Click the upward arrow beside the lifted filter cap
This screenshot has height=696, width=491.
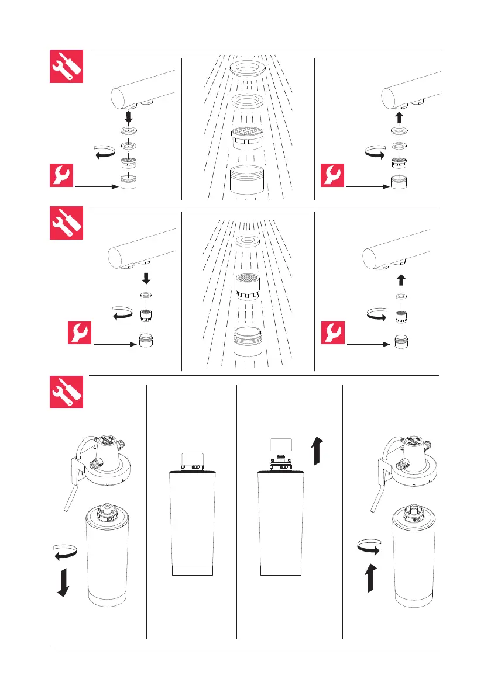pyautogui.click(x=317, y=449)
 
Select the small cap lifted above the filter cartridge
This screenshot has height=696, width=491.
pyautogui.click(x=279, y=444)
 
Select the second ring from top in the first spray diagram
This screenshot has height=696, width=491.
pyautogui.click(x=246, y=102)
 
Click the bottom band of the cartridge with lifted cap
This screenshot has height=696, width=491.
pyautogui.click(x=280, y=571)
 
